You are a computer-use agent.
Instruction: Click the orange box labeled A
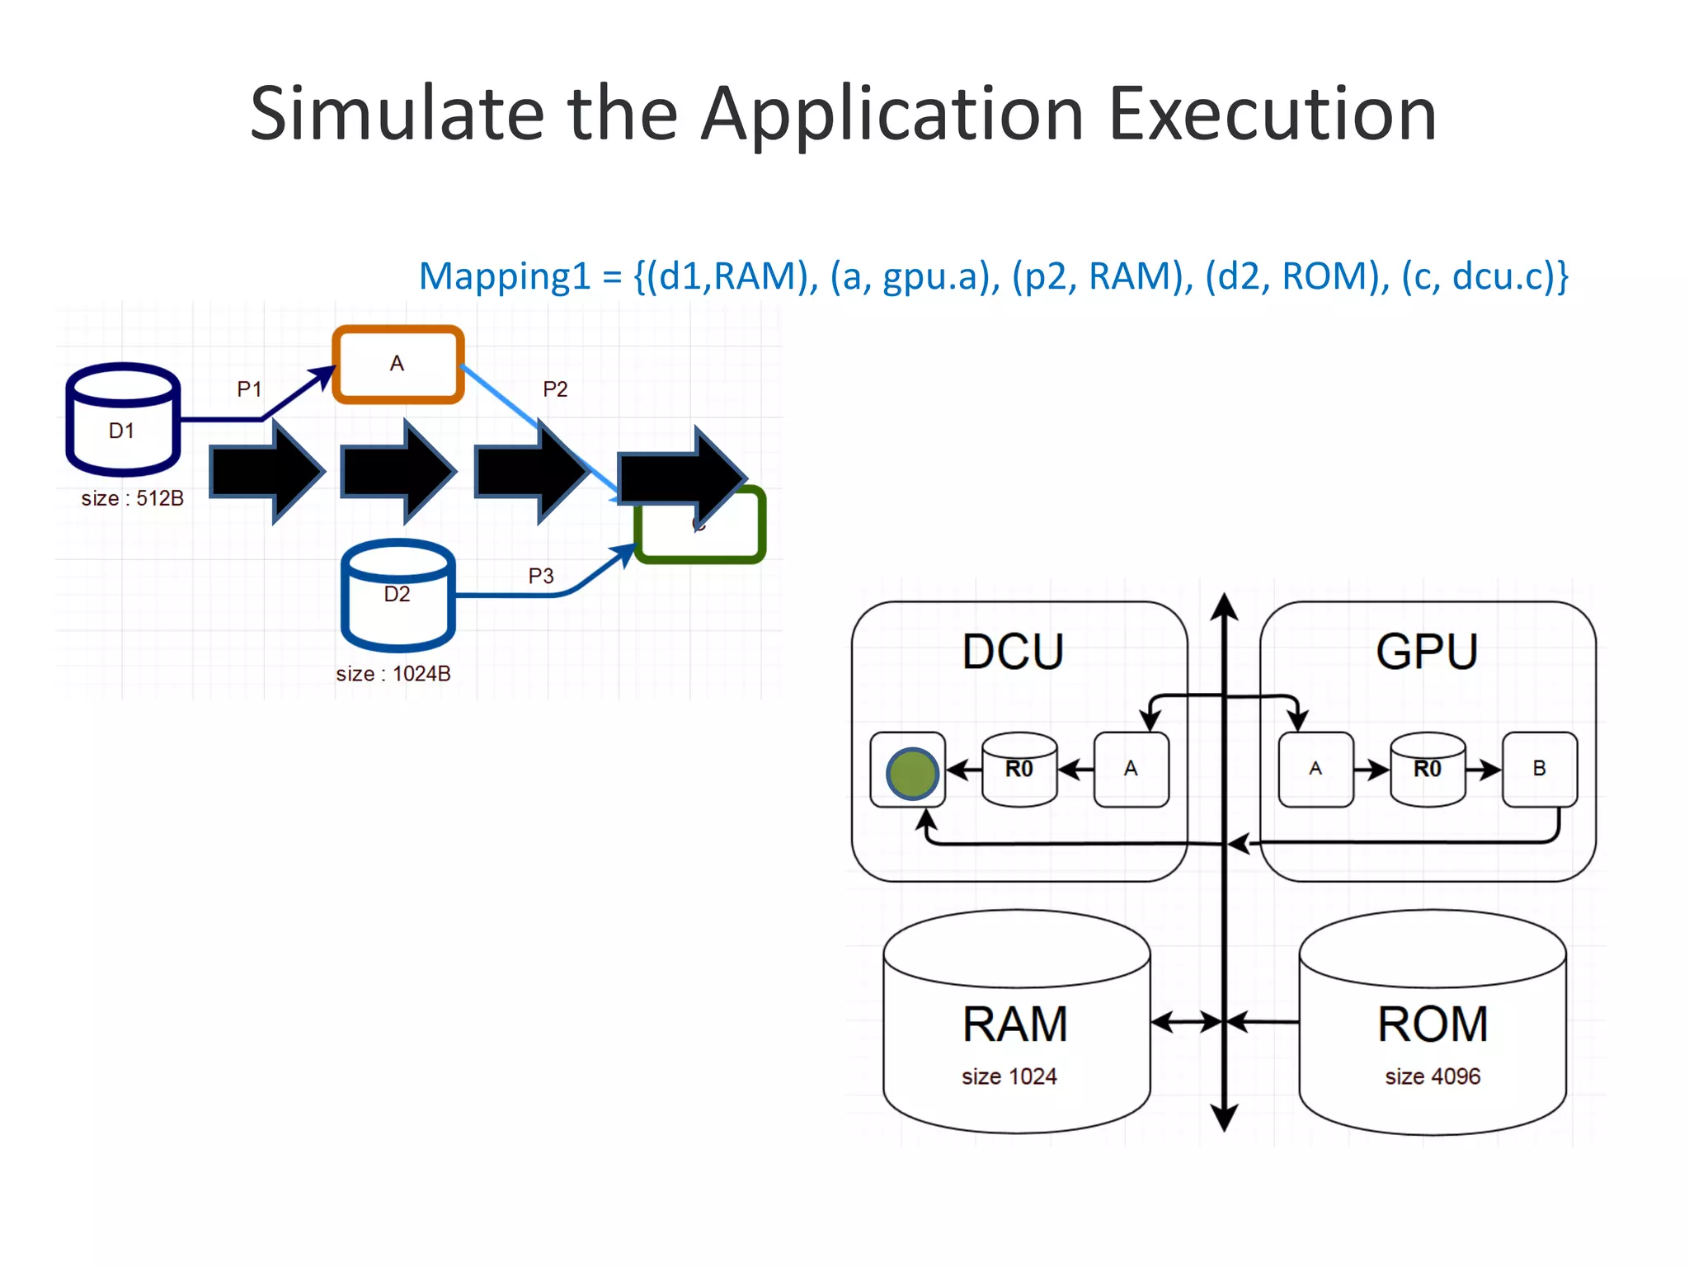coord(398,364)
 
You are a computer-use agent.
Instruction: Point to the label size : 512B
coord(132,498)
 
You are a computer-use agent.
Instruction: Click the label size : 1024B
coord(393,674)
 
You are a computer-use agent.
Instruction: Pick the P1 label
coord(249,389)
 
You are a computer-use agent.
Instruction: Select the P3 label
coord(541,576)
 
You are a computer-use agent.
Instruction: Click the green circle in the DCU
coord(911,773)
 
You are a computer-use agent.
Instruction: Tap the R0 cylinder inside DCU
coord(1019,769)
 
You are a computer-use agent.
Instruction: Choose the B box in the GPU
coord(1539,769)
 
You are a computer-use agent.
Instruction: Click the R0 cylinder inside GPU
coord(1428,769)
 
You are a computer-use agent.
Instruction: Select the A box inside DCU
coord(1131,769)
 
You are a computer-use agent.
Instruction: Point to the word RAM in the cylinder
coord(1015,1024)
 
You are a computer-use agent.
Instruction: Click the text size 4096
coord(1433,1076)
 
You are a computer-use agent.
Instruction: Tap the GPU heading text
coord(1427,652)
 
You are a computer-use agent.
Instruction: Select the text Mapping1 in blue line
coord(505,276)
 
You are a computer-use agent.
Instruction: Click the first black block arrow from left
coord(266,472)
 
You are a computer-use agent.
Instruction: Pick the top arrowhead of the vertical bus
coord(1225,605)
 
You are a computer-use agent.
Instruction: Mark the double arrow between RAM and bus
coord(1186,1023)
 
